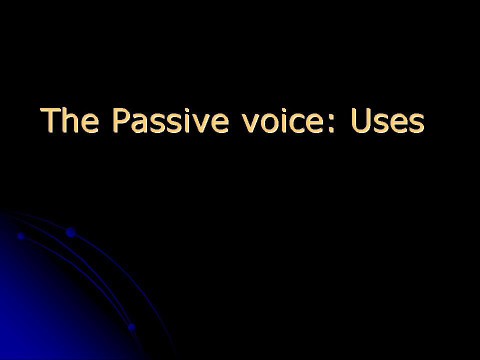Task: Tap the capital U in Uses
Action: pyautogui.click(x=360, y=120)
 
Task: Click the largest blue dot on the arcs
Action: pyautogui.click(x=70, y=232)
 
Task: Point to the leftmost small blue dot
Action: pyautogui.click(x=21, y=235)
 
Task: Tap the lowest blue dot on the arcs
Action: pyautogui.click(x=131, y=327)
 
